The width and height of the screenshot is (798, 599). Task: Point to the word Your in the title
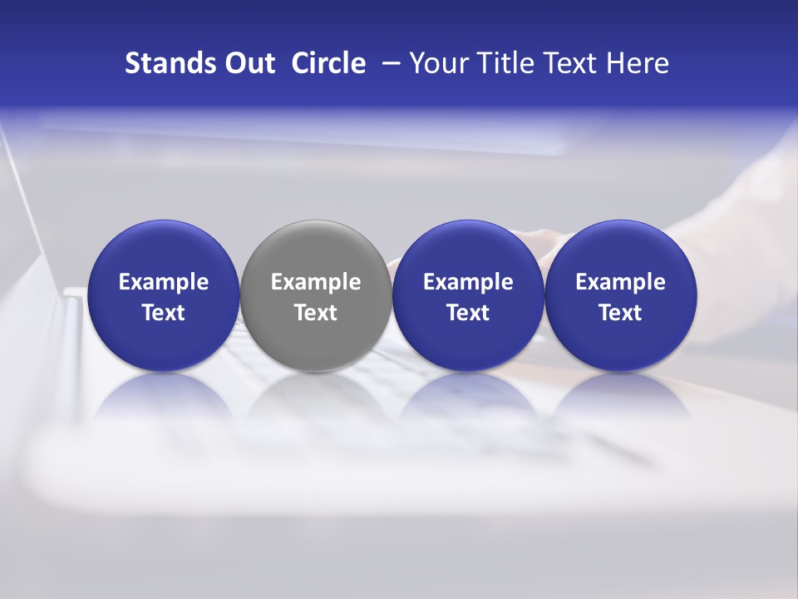pos(437,64)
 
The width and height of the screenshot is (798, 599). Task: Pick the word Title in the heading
pos(502,64)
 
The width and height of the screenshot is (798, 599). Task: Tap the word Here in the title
pos(638,64)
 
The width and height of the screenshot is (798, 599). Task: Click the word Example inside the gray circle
pos(316,283)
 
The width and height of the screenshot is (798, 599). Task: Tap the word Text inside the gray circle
pos(316,313)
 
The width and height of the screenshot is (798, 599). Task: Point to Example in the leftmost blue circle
pos(164,283)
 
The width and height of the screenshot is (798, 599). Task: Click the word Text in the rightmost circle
pos(621,313)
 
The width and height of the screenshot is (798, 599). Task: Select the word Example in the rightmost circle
pos(621,283)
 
